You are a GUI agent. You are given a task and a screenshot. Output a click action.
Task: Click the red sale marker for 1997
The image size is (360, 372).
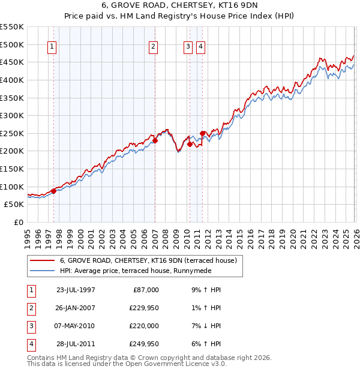(x=53, y=191)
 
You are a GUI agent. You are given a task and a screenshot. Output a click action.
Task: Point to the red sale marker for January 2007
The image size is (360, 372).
(x=155, y=140)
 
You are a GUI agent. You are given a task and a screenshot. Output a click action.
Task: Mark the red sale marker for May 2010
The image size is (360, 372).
(x=190, y=144)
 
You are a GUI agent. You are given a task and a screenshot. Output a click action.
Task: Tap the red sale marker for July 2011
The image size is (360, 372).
(x=203, y=133)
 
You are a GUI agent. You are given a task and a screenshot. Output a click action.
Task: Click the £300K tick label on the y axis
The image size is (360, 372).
(x=12, y=115)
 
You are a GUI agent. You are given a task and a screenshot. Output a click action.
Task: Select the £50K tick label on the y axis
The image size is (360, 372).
(x=14, y=204)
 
